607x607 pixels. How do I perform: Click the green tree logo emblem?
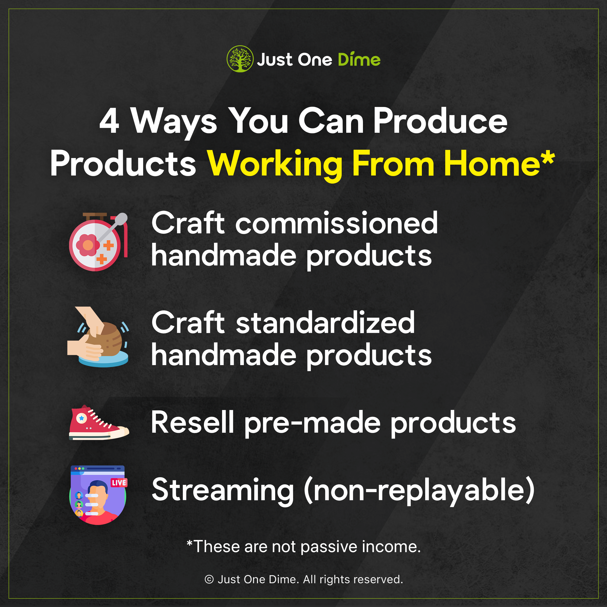click(x=240, y=59)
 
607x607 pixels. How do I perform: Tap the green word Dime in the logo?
click(x=359, y=59)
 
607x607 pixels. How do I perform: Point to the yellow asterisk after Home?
click(x=548, y=158)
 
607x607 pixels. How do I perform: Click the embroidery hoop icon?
click(x=98, y=242)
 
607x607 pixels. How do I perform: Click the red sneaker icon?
click(x=99, y=422)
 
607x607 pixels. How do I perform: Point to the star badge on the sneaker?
click(x=82, y=418)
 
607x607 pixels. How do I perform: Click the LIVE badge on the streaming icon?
click(x=119, y=483)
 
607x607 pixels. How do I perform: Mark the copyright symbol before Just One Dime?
click(x=209, y=579)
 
